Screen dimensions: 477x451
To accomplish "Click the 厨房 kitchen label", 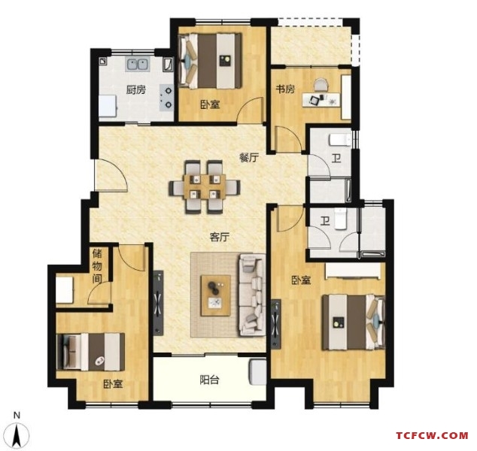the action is coord(136,90).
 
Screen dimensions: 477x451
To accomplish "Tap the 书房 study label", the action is coord(285,89).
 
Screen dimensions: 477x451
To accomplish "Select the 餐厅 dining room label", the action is coord(249,158).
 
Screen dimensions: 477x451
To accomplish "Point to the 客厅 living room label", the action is coord(220,237).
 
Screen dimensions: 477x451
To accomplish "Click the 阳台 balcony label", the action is coord(210,380).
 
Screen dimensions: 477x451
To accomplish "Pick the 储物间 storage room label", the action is coord(97,266).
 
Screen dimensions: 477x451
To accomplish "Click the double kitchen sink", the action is coord(138,65).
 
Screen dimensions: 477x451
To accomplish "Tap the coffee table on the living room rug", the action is coord(215,295).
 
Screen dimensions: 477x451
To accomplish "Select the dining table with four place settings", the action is coord(205,186).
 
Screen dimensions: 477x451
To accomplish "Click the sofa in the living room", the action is coord(252,295).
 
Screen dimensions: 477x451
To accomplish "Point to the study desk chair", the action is coord(321,85).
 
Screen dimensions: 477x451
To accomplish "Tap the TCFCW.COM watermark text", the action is coord(433,435).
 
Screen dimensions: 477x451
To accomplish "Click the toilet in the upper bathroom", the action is coord(340,140).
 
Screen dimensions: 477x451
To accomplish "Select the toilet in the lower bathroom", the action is coord(340,219).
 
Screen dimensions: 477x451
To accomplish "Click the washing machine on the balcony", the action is coord(257,372).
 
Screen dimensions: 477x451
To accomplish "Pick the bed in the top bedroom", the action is coord(210,61).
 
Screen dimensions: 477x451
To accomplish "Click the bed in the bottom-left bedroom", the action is coord(90,352).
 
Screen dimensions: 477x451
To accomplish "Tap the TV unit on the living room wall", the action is coord(158,303).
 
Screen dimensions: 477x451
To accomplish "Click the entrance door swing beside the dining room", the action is coord(111,175).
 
